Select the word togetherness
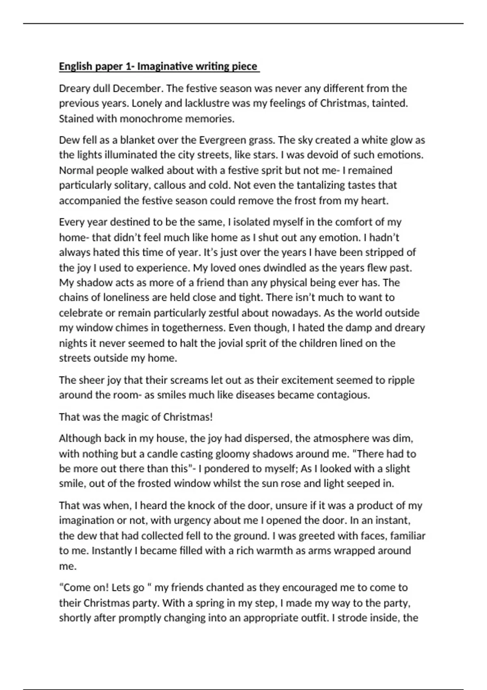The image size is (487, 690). (194, 328)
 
